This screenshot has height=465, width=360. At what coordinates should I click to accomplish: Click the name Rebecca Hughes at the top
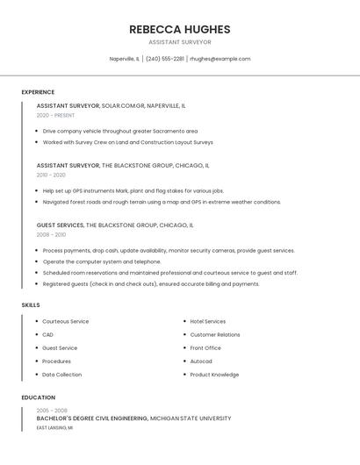(179, 29)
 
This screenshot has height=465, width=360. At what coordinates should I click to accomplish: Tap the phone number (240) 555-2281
(165, 59)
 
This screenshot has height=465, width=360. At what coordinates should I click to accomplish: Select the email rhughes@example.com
(220, 59)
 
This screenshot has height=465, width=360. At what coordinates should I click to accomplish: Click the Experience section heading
(38, 92)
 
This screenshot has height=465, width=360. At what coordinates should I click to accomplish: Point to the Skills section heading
(31, 305)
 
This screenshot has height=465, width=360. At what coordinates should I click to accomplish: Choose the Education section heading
(38, 397)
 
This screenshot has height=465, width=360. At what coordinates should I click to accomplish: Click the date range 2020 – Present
(55, 115)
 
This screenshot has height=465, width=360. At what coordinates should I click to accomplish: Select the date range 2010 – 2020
(51, 175)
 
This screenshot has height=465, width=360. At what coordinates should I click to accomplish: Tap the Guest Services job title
(60, 225)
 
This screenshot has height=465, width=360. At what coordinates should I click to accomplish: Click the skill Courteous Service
(66, 322)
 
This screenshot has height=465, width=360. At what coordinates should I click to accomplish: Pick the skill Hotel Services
(208, 322)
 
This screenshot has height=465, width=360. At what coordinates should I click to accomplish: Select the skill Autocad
(201, 361)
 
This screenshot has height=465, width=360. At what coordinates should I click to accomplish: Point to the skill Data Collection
(62, 375)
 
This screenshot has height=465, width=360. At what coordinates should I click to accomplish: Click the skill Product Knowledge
(214, 375)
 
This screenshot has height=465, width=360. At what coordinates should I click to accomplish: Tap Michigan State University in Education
(191, 419)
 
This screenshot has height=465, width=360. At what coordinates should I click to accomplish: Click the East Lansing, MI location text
(54, 428)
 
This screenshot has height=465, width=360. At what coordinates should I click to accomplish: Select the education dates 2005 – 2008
(52, 411)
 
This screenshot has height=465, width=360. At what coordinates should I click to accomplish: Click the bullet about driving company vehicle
(120, 131)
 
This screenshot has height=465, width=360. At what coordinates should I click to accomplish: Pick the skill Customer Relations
(215, 335)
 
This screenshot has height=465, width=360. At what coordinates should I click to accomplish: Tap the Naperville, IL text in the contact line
(124, 59)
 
